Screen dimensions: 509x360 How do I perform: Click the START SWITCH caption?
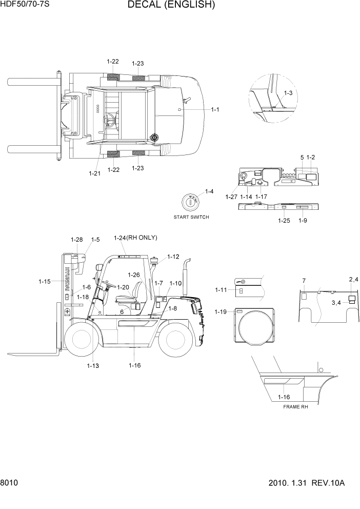pos(191,217)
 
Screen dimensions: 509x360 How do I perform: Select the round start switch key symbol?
pos(191,202)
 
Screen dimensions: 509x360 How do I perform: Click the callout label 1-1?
pos(215,109)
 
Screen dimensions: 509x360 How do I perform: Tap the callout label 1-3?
pos(288,93)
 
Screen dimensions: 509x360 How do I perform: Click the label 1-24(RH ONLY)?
pos(135,238)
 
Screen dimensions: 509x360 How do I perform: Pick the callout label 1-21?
pos(94,173)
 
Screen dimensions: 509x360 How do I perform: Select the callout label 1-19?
pos(221,312)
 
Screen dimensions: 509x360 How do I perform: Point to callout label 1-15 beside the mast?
pos(45,281)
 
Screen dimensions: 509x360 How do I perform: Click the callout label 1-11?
pos(221,290)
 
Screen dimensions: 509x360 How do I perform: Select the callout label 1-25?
pos(284,221)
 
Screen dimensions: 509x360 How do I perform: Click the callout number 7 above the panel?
pos(304,280)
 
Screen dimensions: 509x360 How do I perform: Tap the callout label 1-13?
pos(93,366)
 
